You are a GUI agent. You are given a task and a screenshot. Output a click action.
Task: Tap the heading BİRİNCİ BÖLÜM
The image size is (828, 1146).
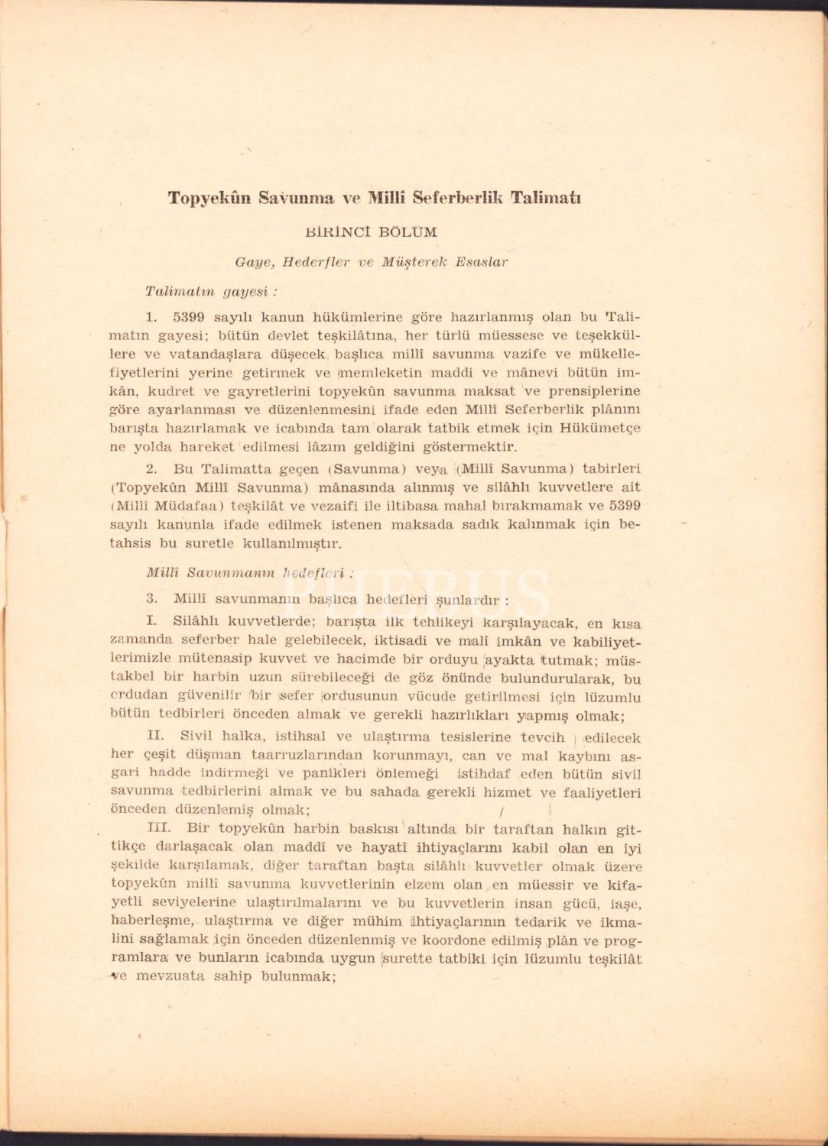pos(372,232)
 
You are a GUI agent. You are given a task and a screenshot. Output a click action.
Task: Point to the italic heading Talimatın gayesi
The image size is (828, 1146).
pos(210,292)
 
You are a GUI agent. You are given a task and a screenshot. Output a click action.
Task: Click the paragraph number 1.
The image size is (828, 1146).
pos(151,316)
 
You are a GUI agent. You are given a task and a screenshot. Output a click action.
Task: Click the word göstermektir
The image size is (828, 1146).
pos(469,447)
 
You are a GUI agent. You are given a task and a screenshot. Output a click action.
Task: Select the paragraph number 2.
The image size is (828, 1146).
pos(151,469)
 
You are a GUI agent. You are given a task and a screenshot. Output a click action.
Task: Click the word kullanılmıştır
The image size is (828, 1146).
pos(291,543)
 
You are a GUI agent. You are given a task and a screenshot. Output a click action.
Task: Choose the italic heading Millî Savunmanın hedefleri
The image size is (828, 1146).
pos(249,571)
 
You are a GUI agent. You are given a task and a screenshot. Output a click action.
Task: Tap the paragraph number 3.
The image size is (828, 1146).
pos(151,598)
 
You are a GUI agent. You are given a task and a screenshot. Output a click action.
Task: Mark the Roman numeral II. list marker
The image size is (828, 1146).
pos(155,737)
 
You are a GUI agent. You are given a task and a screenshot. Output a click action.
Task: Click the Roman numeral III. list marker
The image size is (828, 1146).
pos(158,828)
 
